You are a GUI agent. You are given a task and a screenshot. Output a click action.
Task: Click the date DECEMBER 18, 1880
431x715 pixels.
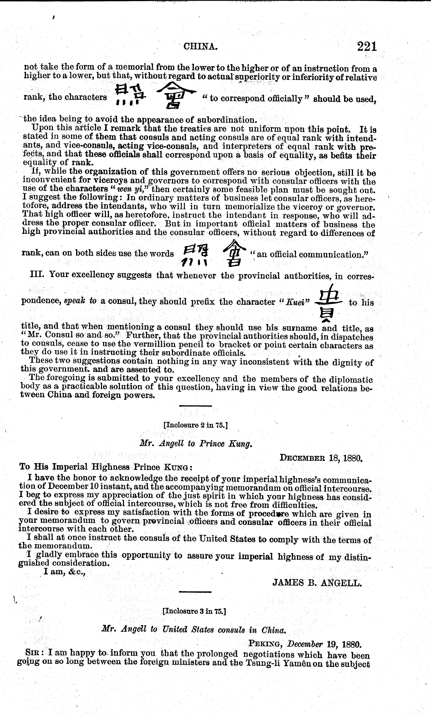pyautogui.click(x=321, y=458)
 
